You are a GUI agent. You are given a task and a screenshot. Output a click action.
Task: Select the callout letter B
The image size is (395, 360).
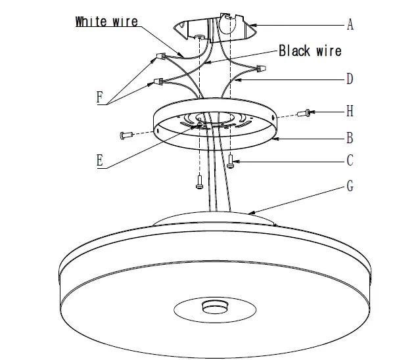coord(350,138)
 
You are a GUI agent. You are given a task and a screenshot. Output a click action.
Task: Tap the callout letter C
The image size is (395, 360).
coord(350,160)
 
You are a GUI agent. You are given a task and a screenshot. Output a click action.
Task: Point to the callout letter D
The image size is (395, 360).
coord(350,79)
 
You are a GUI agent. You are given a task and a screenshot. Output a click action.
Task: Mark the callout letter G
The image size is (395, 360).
coord(350,187)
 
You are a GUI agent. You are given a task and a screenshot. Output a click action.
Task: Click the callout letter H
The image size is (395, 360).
coord(350,112)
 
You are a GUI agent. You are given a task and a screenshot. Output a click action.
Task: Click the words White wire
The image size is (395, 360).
coord(106,21)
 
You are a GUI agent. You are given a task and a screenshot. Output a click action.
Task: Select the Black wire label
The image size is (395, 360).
coord(310,51)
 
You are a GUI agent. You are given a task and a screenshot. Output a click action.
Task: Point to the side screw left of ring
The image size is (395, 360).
coord(127,135)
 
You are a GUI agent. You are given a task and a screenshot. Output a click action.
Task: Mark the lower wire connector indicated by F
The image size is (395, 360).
coord(158,81)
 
